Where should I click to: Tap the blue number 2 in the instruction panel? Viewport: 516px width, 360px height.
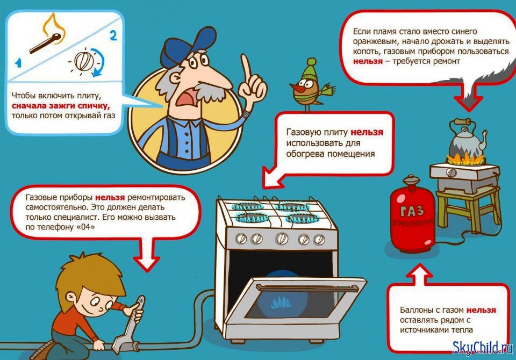113,35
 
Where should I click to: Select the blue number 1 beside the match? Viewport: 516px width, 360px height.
18,62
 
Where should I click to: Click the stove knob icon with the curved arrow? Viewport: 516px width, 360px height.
87,61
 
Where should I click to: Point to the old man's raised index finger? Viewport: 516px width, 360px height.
246,65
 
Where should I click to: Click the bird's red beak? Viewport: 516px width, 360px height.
296,88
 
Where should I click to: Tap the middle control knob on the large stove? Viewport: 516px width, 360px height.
282,238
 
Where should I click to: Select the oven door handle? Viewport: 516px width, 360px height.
307,288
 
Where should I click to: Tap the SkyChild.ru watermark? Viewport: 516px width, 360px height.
483,348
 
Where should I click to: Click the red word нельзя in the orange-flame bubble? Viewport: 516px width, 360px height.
368,61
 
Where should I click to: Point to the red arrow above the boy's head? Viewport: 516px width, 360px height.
146,254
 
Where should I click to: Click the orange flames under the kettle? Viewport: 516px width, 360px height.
465,159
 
